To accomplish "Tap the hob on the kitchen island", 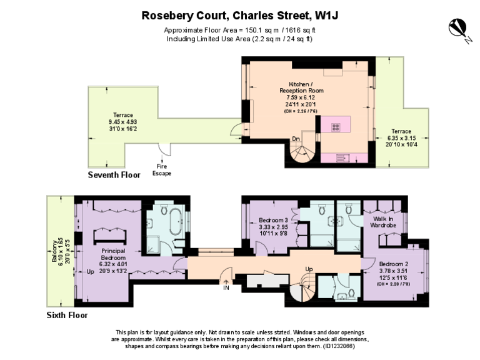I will [x=336, y=126].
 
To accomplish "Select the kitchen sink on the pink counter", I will [x=343, y=157].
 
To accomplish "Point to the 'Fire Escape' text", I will [x=162, y=169].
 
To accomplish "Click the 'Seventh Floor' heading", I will [x=114, y=176].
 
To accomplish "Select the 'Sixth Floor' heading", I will [x=67, y=315].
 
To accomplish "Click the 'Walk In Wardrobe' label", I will [x=384, y=222].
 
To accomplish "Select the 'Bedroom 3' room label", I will [x=273, y=220].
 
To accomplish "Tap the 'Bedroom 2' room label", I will [x=394, y=263].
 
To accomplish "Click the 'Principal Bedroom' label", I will [x=113, y=254].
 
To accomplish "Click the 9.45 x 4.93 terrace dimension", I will [x=118, y=122].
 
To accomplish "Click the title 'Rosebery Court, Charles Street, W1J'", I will [x=240, y=15].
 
